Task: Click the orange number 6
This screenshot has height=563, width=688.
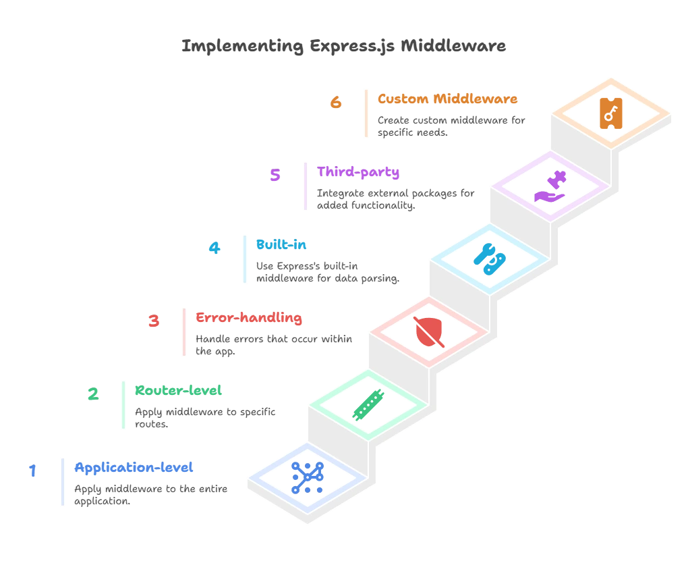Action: tap(336, 104)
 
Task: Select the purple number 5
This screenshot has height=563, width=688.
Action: tap(275, 176)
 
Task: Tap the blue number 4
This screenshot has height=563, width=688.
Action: tap(214, 249)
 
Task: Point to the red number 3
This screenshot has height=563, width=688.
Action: tap(154, 321)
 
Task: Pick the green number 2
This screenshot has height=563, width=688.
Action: tap(93, 394)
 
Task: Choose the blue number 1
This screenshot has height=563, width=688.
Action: tap(32, 471)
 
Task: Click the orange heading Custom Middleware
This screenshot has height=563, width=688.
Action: tap(447, 99)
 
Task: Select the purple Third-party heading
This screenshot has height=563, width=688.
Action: tap(358, 172)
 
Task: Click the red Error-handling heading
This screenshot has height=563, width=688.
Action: tap(248, 317)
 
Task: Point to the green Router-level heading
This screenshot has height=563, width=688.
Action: tap(180, 391)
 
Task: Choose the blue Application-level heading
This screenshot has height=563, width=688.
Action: tap(134, 467)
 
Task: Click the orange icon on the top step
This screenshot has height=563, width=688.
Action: tap(612, 113)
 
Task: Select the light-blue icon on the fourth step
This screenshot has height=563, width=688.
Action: tap(489, 259)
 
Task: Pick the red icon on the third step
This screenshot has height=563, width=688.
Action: tap(429, 331)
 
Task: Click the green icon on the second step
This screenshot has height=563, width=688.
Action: tap(368, 404)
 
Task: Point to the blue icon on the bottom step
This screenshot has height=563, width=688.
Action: tap(308, 477)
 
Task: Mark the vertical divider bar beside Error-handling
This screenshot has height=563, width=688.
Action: tap(183, 331)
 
